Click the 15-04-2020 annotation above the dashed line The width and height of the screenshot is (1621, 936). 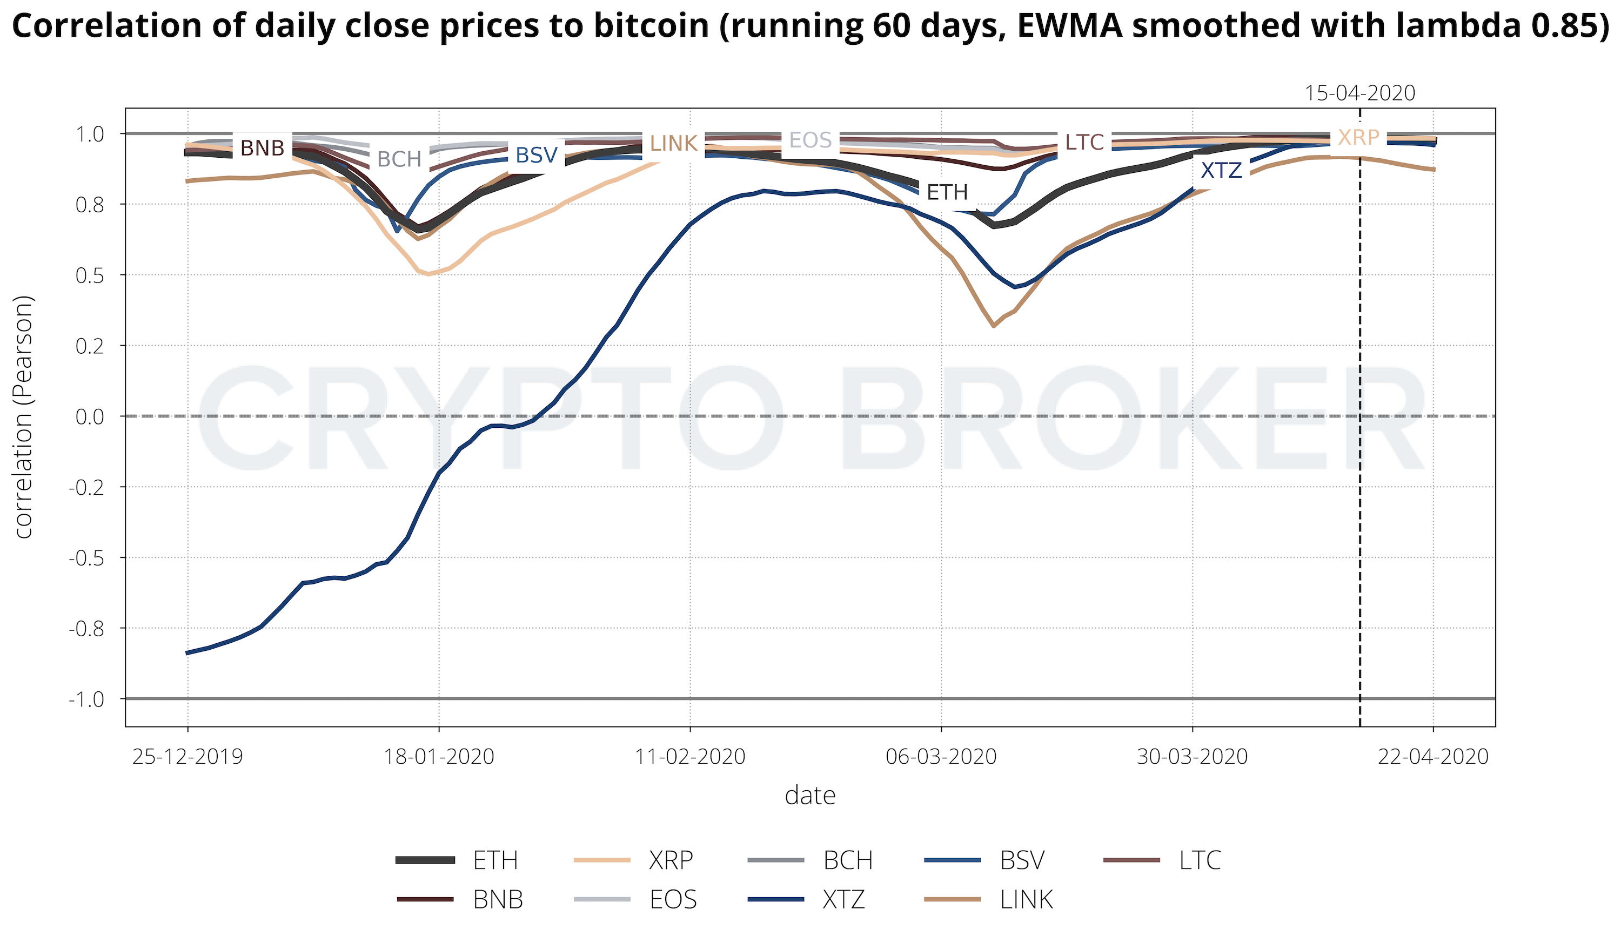(x=1359, y=93)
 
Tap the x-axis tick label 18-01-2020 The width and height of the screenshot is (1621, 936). (x=439, y=757)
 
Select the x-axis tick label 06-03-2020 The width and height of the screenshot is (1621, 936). (x=941, y=757)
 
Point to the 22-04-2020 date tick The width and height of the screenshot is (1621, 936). (x=1432, y=757)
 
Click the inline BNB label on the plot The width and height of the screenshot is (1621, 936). (x=263, y=149)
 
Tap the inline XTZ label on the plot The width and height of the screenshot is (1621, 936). (x=1221, y=170)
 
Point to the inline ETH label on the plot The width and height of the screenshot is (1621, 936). (x=947, y=192)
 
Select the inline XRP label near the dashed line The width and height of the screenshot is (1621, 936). (x=1358, y=138)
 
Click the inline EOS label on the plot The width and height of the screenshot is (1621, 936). (x=810, y=140)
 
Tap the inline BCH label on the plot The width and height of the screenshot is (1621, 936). (x=399, y=159)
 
